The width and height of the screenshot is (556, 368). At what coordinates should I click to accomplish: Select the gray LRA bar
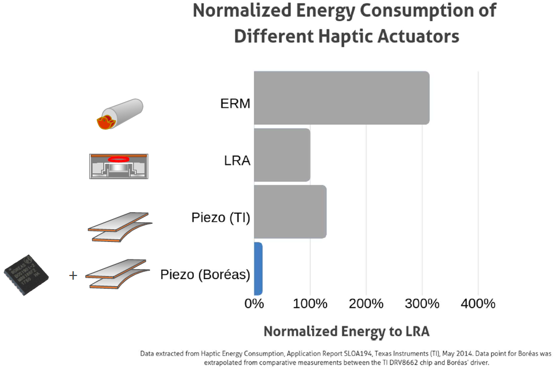[x=282, y=155]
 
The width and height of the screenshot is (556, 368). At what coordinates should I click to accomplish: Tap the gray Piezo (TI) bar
[x=290, y=212]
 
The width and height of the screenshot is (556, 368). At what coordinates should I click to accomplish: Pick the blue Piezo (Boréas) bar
[x=258, y=269]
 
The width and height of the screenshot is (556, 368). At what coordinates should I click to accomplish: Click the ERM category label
[x=235, y=103]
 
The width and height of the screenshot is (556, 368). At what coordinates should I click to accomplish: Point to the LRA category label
[x=237, y=160]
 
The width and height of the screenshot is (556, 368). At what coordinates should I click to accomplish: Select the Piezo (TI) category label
[x=221, y=218]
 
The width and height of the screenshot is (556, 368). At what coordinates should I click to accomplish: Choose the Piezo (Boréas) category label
[x=205, y=275]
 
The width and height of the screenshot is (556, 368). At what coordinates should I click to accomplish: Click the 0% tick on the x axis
[x=254, y=304]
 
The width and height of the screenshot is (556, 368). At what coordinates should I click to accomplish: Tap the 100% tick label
[x=310, y=304]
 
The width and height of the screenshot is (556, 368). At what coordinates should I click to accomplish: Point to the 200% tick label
[x=366, y=304]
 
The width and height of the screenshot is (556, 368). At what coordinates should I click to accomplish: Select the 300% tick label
[x=422, y=304]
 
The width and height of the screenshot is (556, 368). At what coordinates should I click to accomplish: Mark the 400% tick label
[x=478, y=304]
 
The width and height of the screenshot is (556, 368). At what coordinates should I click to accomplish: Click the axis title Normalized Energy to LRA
[x=346, y=331]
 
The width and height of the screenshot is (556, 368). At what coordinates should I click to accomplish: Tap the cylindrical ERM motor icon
[x=120, y=114]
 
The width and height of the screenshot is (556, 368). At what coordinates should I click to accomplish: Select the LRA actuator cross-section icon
[x=119, y=166]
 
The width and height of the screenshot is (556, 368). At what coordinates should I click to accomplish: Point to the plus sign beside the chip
[x=73, y=275]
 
